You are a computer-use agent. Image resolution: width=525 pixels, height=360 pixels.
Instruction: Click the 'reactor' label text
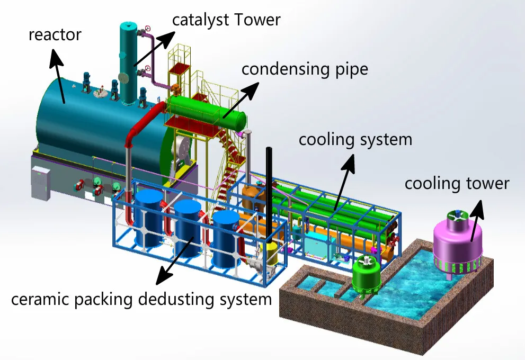[55, 35]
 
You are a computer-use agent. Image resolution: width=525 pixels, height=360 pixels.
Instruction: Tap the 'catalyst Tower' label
[226, 21]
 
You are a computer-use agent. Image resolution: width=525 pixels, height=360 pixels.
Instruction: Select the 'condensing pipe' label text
[305, 69]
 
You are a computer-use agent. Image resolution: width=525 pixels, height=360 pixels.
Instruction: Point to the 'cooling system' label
[355, 140]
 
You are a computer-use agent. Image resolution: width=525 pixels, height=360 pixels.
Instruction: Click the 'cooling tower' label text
[457, 183]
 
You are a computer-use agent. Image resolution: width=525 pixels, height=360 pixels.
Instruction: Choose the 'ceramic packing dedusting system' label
[141, 299]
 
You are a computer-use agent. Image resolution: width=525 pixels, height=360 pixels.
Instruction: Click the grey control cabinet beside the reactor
[40, 183]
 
